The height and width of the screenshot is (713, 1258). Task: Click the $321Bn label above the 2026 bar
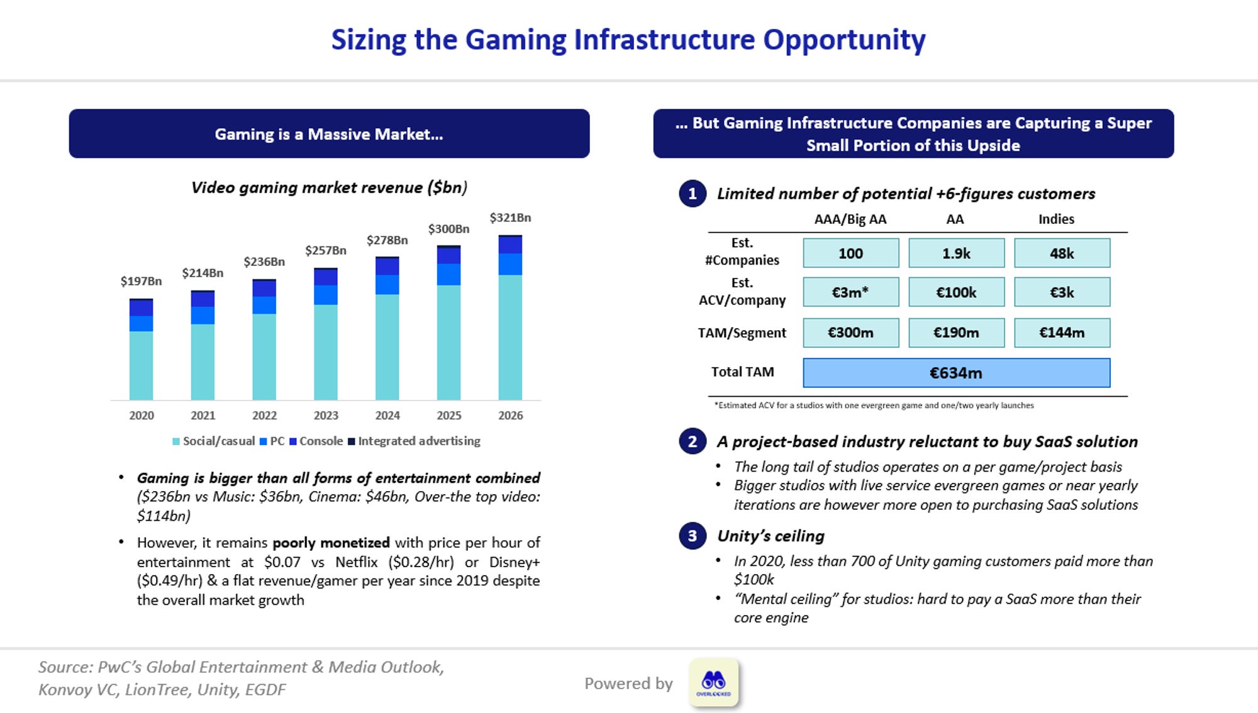(x=510, y=218)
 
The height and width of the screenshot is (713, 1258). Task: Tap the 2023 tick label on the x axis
(x=326, y=416)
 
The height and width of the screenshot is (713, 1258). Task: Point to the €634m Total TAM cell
(x=956, y=373)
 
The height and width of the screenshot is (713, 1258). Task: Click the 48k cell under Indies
(x=1062, y=253)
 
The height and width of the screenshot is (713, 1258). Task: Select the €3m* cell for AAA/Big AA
(x=850, y=292)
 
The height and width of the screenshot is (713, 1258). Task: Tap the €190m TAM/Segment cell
(x=956, y=333)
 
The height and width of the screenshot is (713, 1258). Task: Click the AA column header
(x=955, y=219)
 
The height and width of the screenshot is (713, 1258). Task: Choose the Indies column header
(x=1056, y=219)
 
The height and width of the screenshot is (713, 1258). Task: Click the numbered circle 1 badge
(x=693, y=194)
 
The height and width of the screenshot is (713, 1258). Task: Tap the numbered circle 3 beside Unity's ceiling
(x=693, y=536)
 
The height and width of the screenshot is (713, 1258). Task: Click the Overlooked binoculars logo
(x=713, y=682)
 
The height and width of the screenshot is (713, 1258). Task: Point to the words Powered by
(x=628, y=683)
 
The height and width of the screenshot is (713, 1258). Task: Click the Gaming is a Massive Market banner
(x=329, y=134)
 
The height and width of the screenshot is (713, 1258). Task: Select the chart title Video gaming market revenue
(x=329, y=187)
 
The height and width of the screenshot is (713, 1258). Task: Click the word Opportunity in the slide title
(x=844, y=40)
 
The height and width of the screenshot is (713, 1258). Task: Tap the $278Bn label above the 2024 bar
(x=387, y=240)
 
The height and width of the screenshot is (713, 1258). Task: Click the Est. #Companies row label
(x=742, y=251)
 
